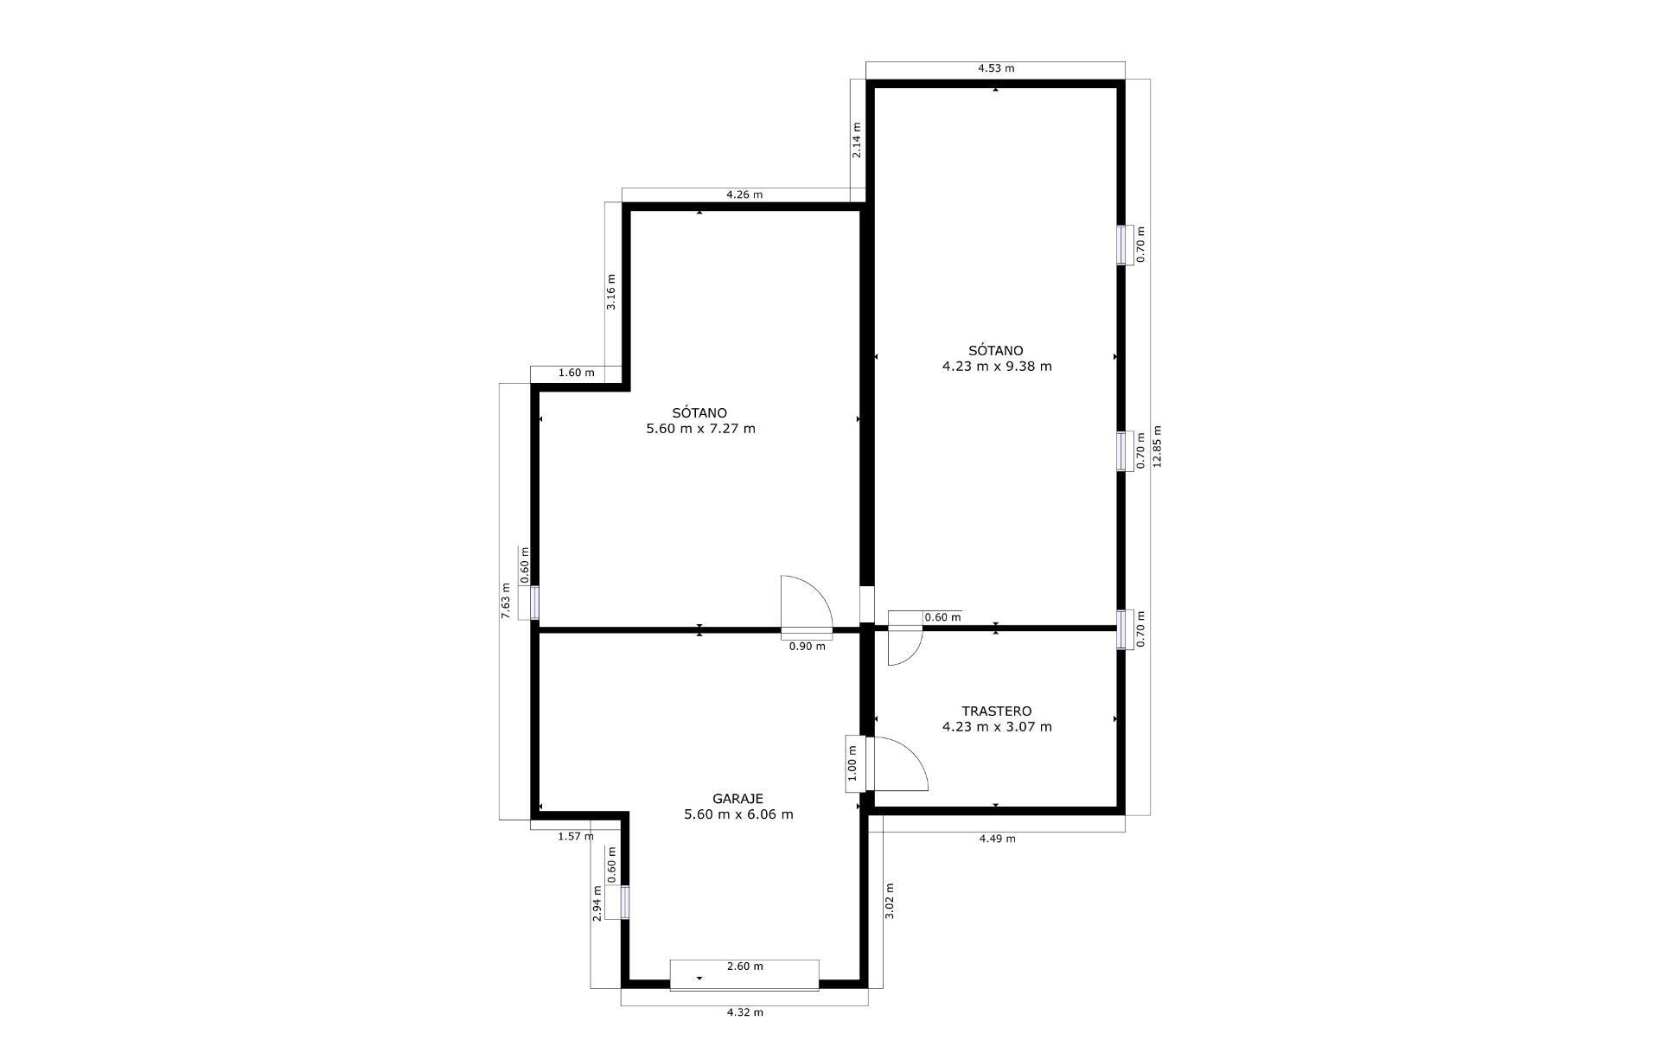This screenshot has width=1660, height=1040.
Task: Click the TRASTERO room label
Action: coord(996,711)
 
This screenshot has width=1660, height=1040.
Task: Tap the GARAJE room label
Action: coord(737,799)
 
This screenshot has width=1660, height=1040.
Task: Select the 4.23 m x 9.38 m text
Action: coord(996,366)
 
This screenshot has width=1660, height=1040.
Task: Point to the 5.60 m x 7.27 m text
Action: coord(700,428)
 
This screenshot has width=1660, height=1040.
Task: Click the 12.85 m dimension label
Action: coord(1158,446)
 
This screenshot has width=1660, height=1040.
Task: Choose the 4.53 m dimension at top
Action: coord(996,68)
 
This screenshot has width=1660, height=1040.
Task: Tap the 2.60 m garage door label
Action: coord(744,967)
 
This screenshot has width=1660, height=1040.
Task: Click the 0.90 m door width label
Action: coord(807,646)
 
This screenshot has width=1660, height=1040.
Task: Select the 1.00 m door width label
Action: coord(852,763)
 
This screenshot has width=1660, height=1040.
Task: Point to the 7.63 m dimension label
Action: coord(506,601)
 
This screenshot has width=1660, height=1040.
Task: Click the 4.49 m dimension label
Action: coord(997,838)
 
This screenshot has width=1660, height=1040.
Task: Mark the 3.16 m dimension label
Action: coord(610,291)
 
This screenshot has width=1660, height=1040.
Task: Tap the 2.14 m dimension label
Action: coord(857,140)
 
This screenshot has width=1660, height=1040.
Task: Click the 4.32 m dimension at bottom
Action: coord(744,1012)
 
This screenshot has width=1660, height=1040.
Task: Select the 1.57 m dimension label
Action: coord(575,836)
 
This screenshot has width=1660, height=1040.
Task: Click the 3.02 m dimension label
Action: coord(890,900)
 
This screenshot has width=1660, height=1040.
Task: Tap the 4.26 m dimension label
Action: coord(744,195)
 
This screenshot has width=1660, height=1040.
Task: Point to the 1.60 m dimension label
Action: coord(576,373)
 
